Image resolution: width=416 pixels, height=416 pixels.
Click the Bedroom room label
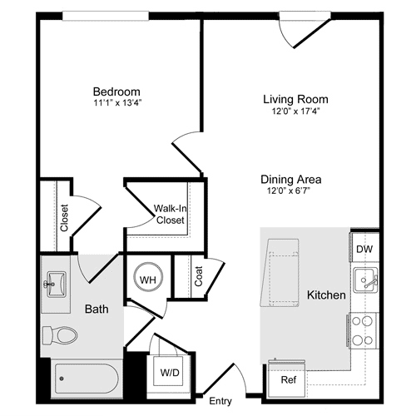[x=116, y=92]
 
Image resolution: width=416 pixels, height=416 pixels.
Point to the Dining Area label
[x=290, y=179]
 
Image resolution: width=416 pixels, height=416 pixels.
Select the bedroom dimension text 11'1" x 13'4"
[x=116, y=104]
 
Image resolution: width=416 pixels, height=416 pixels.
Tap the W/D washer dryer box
[x=169, y=372]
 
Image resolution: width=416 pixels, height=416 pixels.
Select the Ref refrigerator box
[x=288, y=379]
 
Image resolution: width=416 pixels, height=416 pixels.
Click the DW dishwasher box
[x=364, y=249]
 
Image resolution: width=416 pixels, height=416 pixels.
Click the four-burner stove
[x=362, y=329]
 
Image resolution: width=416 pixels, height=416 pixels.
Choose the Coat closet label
[x=199, y=276]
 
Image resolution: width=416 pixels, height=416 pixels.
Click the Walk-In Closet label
[x=169, y=215]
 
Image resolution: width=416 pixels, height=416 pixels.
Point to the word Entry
[x=220, y=401]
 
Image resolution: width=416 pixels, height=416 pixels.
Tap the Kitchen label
[x=327, y=295]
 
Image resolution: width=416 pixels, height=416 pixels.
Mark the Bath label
[x=97, y=310]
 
